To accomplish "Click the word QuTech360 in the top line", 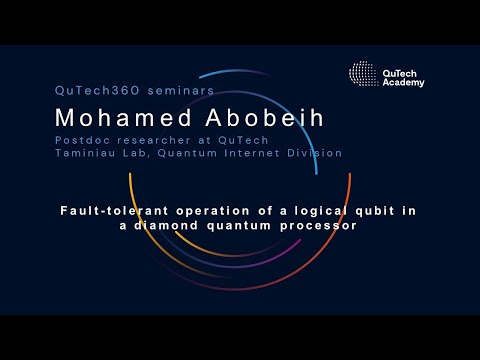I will tap(91, 89).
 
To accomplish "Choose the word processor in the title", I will tap(323, 226).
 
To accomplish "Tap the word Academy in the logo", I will tap(403, 82).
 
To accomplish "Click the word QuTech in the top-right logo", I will tap(400, 73).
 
